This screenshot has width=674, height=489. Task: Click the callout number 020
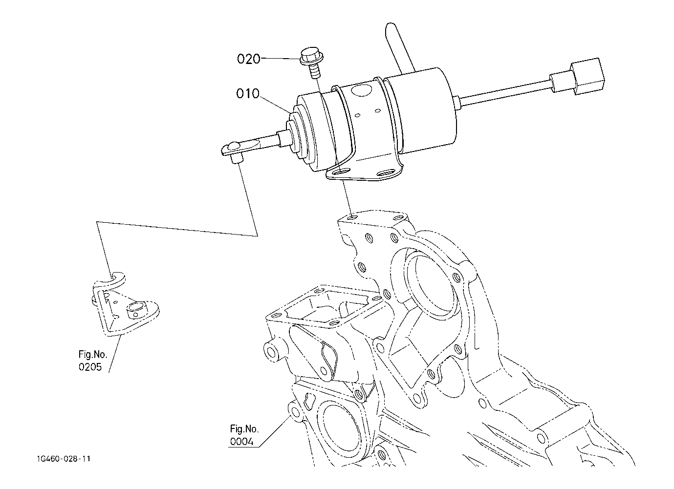point(249,59)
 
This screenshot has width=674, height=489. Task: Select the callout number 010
point(248,93)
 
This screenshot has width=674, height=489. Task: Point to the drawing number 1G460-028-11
point(63,459)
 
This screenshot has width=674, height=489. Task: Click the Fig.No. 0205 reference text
point(92,361)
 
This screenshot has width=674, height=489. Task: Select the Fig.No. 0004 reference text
point(244,435)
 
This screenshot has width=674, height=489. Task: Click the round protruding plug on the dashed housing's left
point(272,351)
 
